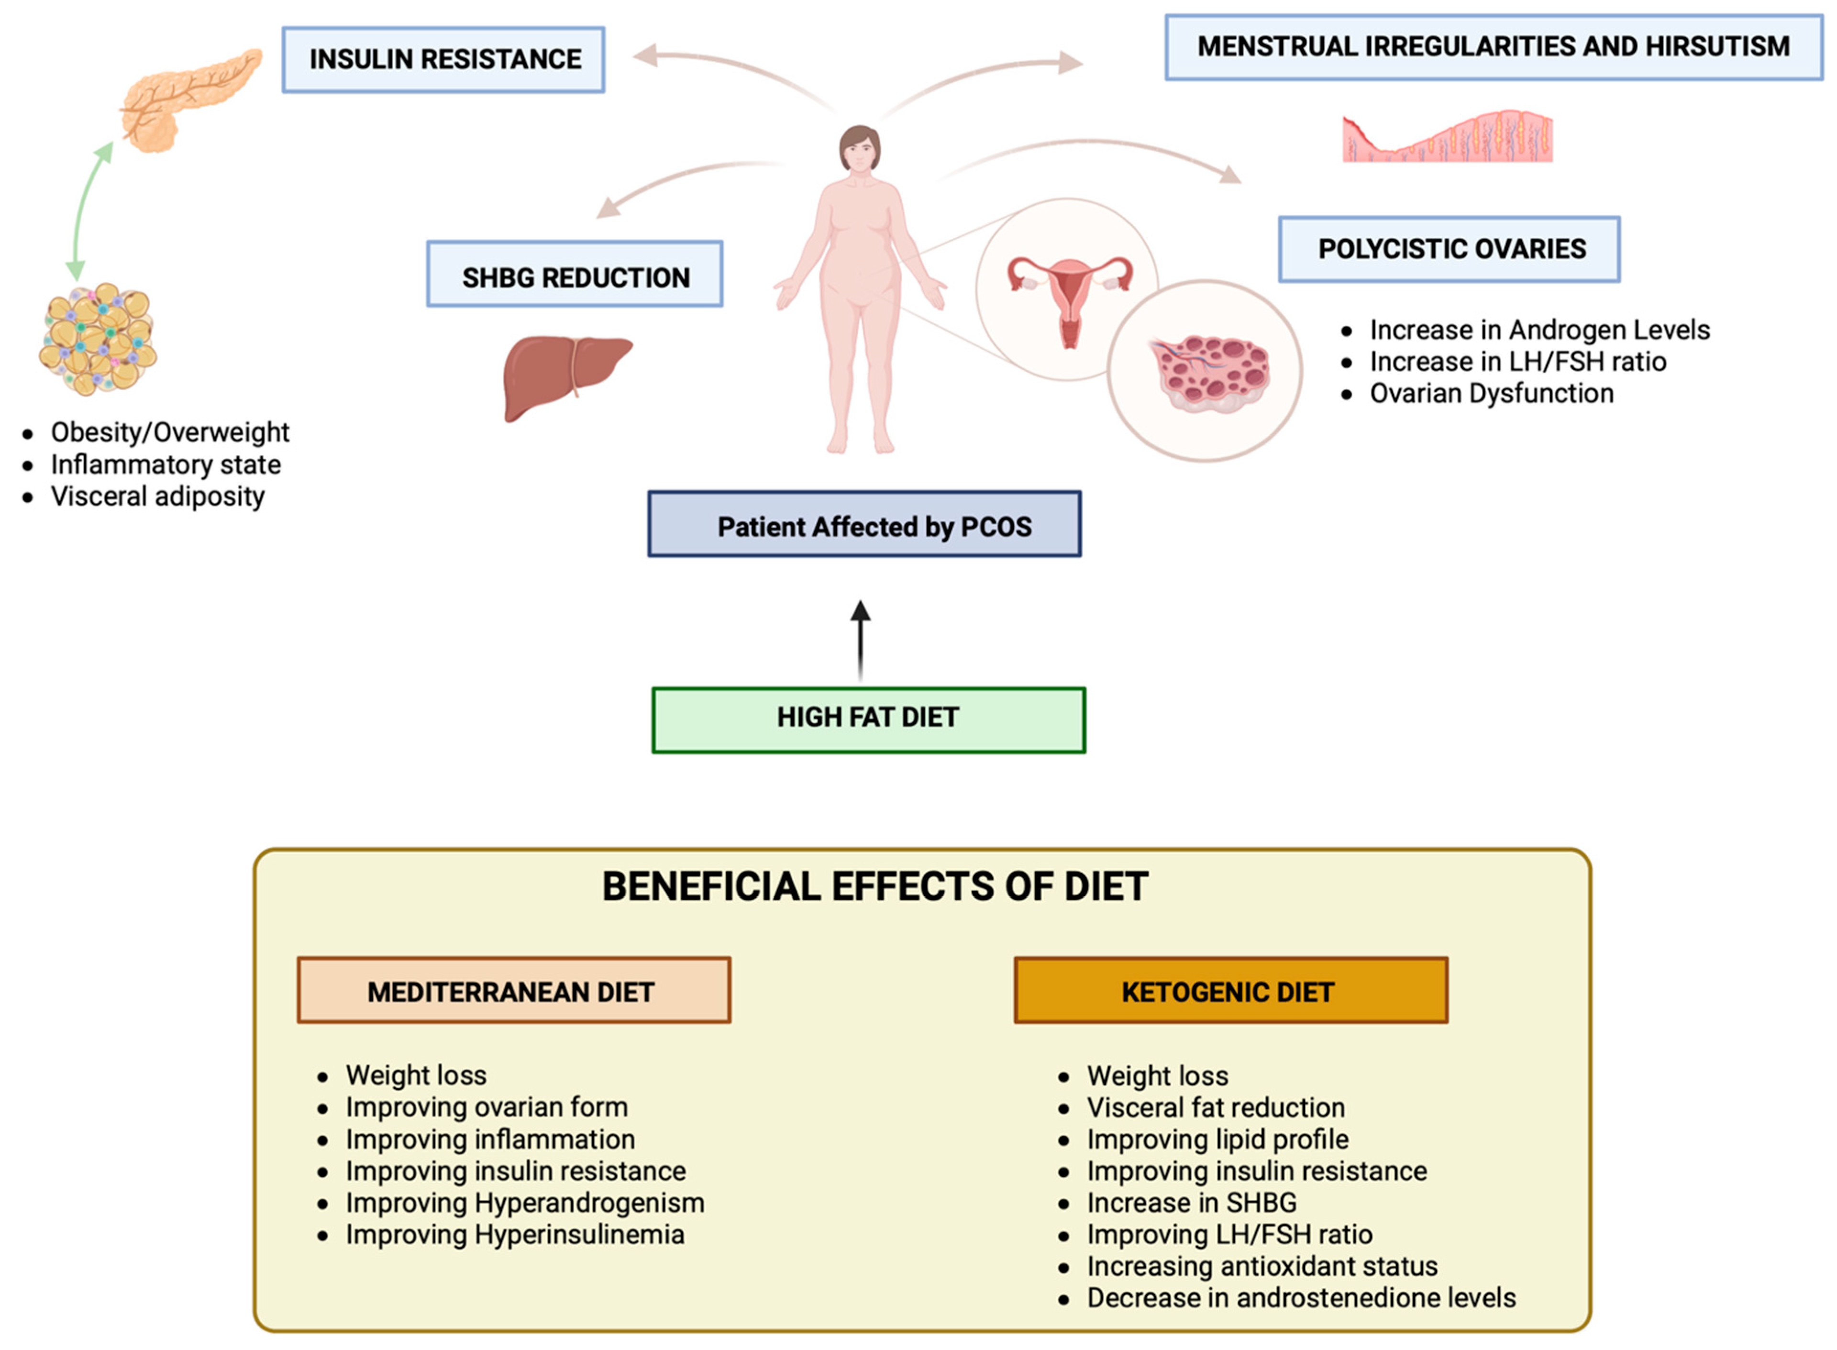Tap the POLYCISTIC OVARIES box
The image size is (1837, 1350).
click(x=1450, y=249)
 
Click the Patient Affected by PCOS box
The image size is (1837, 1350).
click(x=864, y=525)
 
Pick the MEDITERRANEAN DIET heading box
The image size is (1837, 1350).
click(x=513, y=990)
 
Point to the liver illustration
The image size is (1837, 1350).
click(x=564, y=376)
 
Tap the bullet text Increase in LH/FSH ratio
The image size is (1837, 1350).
click(x=1517, y=361)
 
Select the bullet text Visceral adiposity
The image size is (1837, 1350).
click(x=158, y=496)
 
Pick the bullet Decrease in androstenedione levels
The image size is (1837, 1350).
click(x=1301, y=1298)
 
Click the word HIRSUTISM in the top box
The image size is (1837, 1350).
click(x=1716, y=46)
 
